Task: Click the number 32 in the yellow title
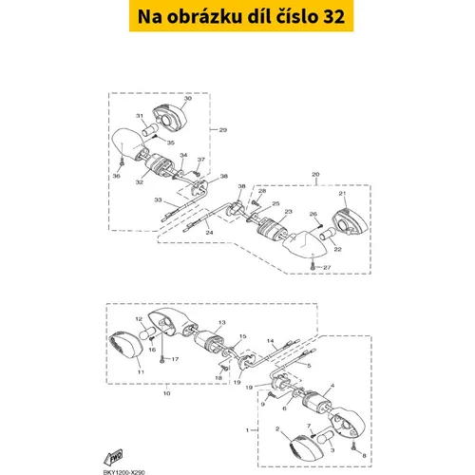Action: [x=333, y=16]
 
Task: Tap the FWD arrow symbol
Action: [x=114, y=457]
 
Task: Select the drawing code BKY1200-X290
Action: [x=123, y=472]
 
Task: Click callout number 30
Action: [x=188, y=99]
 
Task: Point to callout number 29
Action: [x=223, y=130]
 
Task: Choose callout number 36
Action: [x=117, y=176]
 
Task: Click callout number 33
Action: [x=158, y=199]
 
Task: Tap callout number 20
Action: [x=315, y=175]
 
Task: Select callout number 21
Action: [x=342, y=194]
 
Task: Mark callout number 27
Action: [x=327, y=268]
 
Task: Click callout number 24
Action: [x=209, y=233]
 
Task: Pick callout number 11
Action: [x=141, y=372]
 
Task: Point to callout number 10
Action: [x=167, y=393]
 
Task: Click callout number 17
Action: [x=175, y=359]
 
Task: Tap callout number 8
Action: [x=364, y=456]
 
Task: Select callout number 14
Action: [x=270, y=341]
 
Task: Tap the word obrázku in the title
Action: [x=204, y=16]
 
